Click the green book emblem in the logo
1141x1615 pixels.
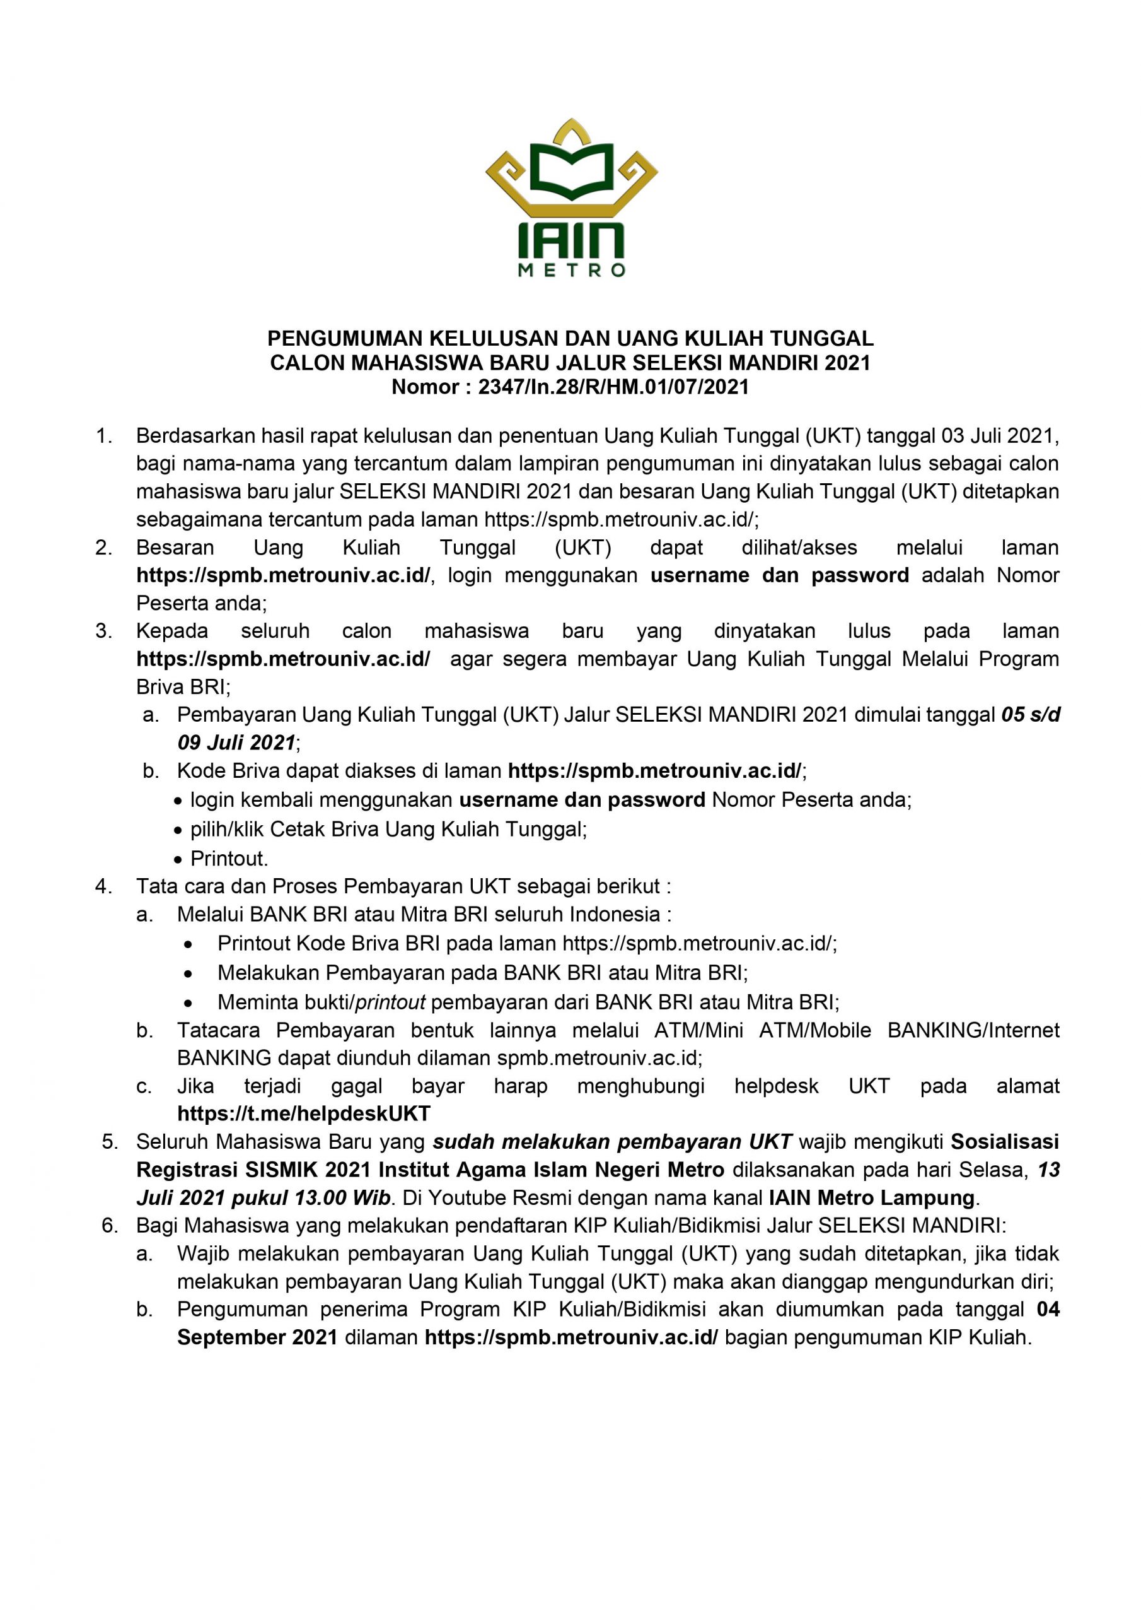coord(571,171)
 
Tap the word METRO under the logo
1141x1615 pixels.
coord(571,270)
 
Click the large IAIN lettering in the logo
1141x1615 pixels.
coord(571,240)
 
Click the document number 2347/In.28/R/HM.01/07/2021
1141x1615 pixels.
coord(614,386)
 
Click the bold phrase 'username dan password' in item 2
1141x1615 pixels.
coord(780,575)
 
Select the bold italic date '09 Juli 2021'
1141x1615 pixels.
coord(236,742)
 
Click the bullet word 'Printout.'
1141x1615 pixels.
coord(229,858)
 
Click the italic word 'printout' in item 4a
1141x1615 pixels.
coord(391,1002)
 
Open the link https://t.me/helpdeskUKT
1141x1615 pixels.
coord(304,1113)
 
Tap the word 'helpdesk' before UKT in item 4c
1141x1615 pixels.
coord(776,1086)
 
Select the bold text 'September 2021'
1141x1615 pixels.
coord(257,1337)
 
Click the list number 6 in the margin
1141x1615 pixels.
coord(110,1225)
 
